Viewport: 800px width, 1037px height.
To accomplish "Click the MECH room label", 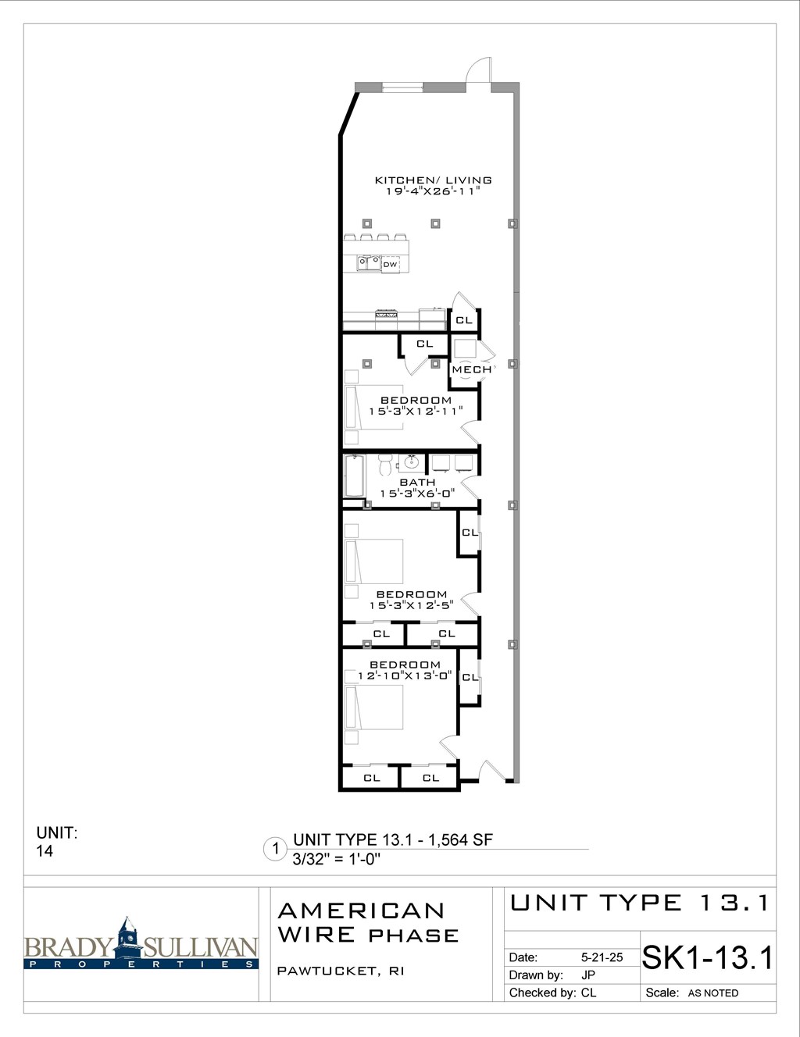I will point(472,369).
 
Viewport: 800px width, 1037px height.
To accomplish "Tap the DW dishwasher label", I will point(390,265).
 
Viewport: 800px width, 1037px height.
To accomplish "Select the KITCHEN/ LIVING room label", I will point(433,180).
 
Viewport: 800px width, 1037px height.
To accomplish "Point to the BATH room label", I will point(417,483).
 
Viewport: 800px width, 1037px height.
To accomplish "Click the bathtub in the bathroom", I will point(355,476).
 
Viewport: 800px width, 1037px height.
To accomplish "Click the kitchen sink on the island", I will point(369,263).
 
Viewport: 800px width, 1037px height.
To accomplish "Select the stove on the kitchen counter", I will point(387,315).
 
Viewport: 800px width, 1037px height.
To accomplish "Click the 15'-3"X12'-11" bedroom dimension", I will point(416,412).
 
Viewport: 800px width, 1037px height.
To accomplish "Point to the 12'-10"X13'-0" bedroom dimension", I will point(404,675).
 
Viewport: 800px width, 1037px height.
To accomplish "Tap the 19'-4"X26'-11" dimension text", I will point(433,191).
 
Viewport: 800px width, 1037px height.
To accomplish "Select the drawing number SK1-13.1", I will point(707,957).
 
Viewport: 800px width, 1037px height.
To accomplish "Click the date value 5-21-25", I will point(602,957).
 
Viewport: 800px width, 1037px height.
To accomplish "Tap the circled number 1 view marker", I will point(275,849).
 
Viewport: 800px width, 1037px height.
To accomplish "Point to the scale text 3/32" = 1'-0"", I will point(336,860).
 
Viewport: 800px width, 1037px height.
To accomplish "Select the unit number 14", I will point(45,851).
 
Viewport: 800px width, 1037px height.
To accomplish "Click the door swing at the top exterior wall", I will point(478,70).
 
